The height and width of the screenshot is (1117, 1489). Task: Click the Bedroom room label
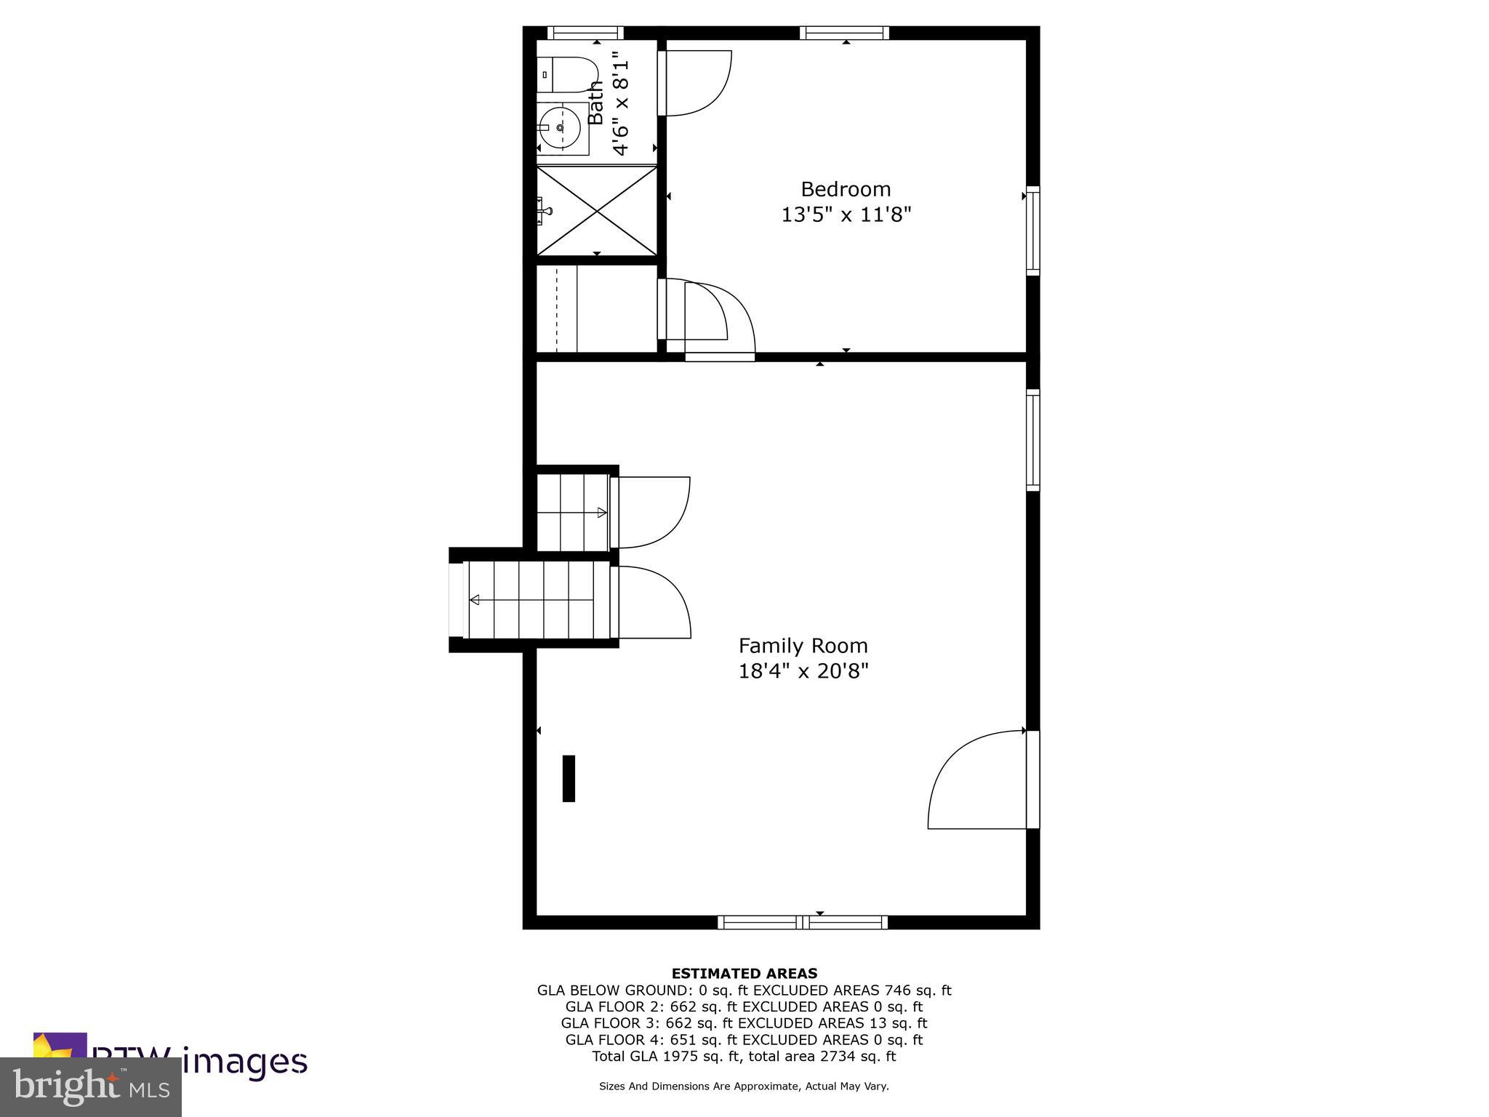tap(846, 189)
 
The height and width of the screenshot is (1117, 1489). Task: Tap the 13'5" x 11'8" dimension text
tap(846, 215)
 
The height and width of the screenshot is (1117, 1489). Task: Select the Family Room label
tap(803, 646)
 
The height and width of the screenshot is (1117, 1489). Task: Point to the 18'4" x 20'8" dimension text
tap(803, 670)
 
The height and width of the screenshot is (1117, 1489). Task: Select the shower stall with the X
tap(596, 211)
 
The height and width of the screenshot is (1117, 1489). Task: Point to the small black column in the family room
tap(569, 778)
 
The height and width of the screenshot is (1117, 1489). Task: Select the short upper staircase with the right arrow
tap(571, 513)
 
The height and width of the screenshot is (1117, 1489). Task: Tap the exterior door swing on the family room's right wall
tap(978, 780)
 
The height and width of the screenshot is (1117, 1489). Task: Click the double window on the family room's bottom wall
tap(803, 922)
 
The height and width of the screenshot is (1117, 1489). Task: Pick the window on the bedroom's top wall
tap(845, 33)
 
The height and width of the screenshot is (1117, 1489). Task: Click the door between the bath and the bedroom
tap(694, 83)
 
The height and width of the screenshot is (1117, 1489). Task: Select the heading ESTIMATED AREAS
tap(744, 973)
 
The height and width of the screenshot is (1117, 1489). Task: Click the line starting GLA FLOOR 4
tap(744, 1040)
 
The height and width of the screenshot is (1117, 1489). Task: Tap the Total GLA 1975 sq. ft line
tap(744, 1057)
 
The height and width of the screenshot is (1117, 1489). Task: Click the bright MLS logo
tap(91, 1087)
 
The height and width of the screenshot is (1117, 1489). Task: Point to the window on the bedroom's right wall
tap(1032, 231)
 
